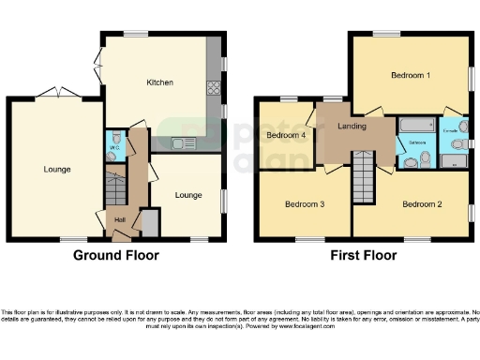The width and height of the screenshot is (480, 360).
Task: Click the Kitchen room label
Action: [x=159, y=83]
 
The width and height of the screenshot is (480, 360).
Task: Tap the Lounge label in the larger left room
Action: [x=56, y=170]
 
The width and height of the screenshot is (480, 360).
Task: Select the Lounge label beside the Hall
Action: [x=187, y=195]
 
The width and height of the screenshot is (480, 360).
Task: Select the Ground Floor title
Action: [x=116, y=255]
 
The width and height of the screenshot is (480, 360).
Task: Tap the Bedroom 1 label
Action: [x=411, y=76]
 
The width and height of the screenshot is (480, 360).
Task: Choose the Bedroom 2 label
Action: [x=422, y=203]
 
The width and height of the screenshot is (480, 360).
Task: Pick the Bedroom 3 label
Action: [x=305, y=203]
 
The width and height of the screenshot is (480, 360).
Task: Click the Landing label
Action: [x=352, y=127]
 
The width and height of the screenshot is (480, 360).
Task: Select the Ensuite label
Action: [x=450, y=129]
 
